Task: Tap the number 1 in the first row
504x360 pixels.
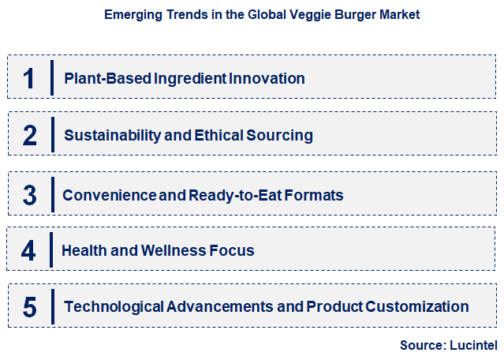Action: [29, 78]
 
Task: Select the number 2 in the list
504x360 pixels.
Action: [30, 135]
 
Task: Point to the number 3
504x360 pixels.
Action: [30, 194]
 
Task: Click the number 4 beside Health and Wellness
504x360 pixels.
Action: [29, 251]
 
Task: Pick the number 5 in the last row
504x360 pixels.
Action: [30, 307]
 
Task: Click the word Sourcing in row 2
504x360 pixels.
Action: [282, 135]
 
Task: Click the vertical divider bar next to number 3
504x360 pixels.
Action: [51, 194]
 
